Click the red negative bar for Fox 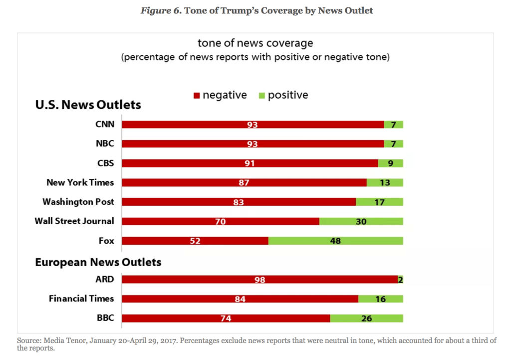point(195,241)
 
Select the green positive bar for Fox point(335,241)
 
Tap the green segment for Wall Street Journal point(361,221)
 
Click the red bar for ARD point(259,279)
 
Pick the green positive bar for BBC point(366,318)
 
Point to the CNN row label point(105,124)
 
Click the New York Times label point(80,182)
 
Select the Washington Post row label point(78,202)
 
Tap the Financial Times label point(81,299)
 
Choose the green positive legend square point(261,95)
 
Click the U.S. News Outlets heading point(88,105)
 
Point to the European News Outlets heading point(98,262)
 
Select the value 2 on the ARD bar point(400,280)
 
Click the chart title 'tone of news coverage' point(255,43)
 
